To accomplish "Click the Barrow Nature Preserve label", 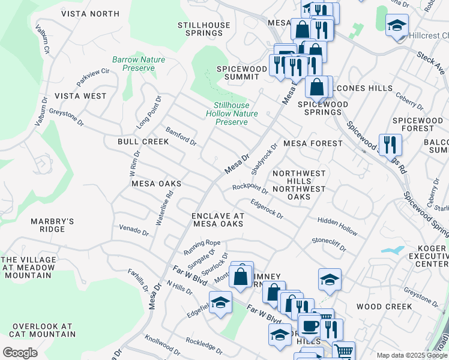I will click(139, 64).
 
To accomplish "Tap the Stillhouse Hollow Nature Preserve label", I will click(232, 113).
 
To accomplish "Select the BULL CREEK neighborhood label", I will click(143, 142).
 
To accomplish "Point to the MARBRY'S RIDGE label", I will click(52, 225).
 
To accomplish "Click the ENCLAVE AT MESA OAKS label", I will click(218, 220).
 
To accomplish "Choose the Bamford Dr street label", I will click(181, 137).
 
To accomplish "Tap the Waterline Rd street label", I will click(164, 208).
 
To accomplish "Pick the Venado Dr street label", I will click(133, 230).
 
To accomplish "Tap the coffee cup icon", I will click(310, 326).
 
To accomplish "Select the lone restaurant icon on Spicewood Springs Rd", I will click(390, 145).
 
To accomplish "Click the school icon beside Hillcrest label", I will click(397, 26).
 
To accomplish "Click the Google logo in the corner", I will click(20, 352).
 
